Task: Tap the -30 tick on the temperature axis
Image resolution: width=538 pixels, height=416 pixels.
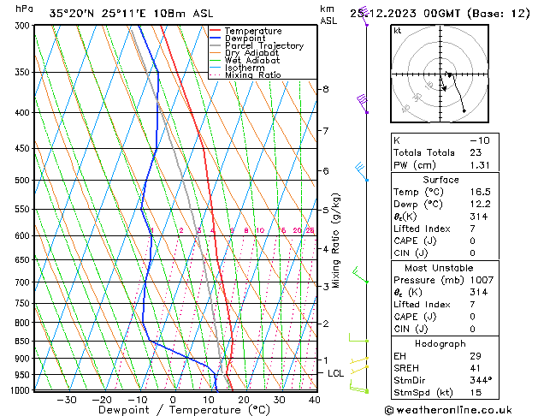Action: (x=67, y=400)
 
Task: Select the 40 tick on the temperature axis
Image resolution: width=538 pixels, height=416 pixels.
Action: (x=315, y=400)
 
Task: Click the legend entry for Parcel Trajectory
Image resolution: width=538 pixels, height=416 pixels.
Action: (x=263, y=45)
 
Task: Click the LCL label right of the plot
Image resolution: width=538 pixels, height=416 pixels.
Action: (x=336, y=374)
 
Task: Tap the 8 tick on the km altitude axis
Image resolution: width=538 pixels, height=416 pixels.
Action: (x=325, y=89)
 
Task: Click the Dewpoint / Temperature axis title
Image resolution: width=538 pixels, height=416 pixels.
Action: (x=173, y=411)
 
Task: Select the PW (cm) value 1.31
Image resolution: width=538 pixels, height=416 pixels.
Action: (x=479, y=165)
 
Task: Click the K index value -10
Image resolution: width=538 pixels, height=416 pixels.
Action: (x=479, y=140)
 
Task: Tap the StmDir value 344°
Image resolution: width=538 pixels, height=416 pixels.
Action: (x=481, y=380)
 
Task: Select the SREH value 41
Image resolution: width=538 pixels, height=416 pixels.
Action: (x=476, y=367)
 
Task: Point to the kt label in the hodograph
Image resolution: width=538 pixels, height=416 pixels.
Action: (x=397, y=31)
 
